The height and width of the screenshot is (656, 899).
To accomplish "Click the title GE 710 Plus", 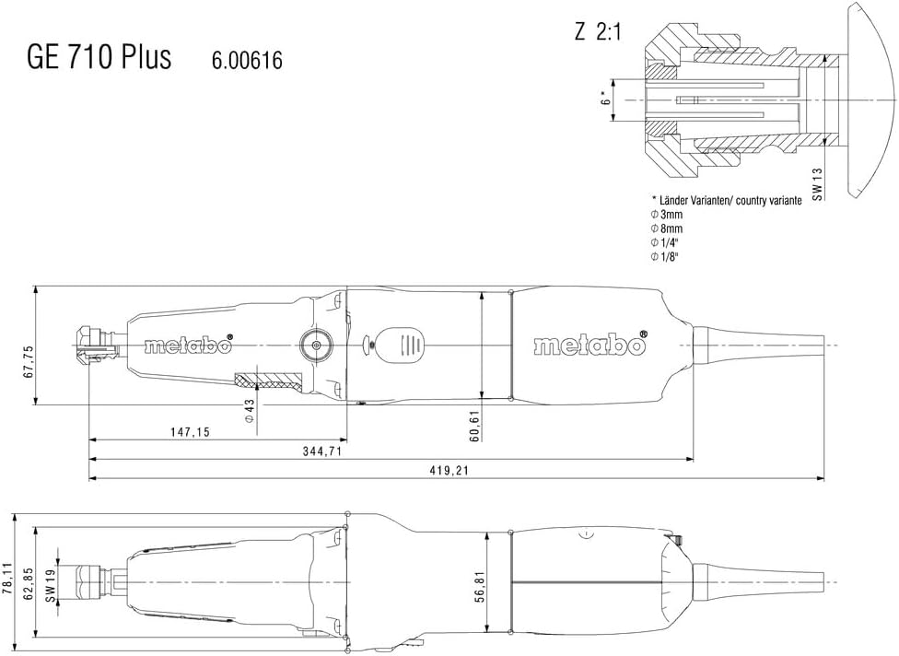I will [x=98, y=57].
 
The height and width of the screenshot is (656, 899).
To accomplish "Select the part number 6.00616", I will [x=247, y=61].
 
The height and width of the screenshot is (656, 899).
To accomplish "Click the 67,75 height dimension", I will [x=29, y=360].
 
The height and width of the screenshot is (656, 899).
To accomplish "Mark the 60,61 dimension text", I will [x=473, y=424].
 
